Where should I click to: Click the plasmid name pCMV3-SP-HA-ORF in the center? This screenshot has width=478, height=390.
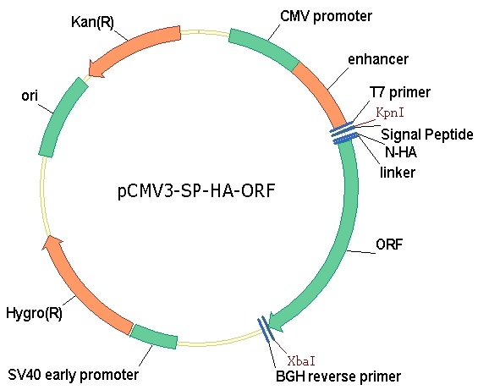click(196, 191)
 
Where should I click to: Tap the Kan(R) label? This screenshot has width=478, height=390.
click(92, 22)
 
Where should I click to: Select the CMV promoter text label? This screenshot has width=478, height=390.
click(326, 16)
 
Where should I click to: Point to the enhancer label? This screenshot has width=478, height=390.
click(378, 59)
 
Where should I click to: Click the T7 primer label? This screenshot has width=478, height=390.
click(400, 91)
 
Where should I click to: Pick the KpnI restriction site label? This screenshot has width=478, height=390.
click(390, 113)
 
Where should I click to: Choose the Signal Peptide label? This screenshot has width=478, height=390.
click(427, 135)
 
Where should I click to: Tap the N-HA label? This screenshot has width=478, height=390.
click(400, 151)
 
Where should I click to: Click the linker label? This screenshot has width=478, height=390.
click(398, 173)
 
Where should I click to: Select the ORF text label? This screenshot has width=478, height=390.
click(389, 244)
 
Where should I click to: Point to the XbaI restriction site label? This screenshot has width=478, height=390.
click(301, 361)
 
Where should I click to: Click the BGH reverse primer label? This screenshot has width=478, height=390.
click(338, 376)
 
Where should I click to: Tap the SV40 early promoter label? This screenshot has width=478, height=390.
click(73, 375)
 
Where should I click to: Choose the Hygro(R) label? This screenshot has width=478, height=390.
click(34, 314)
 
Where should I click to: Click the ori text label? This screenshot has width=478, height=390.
click(30, 96)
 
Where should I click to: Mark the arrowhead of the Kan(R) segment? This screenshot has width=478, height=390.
click(96, 69)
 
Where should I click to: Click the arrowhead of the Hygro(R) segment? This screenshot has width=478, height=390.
click(52, 244)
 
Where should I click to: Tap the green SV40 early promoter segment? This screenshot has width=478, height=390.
click(154, 337)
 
